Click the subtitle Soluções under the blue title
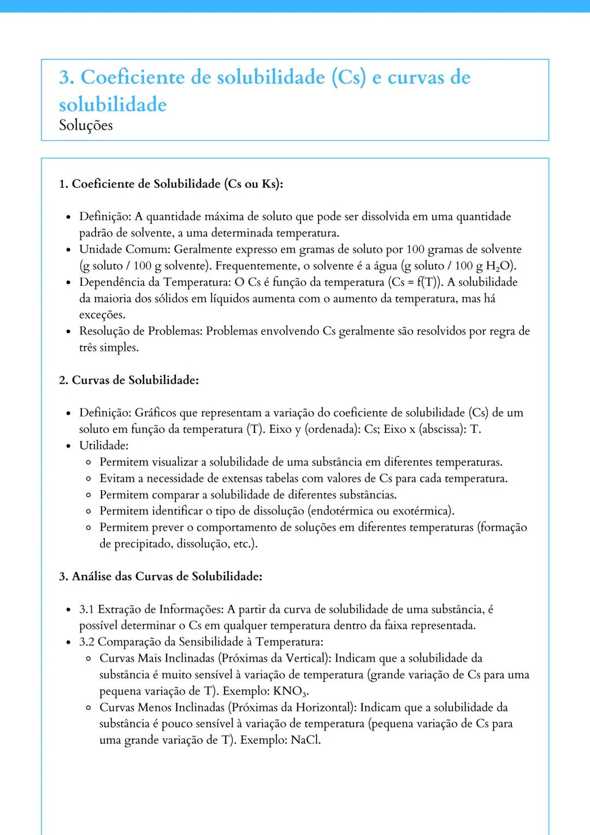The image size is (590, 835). pos(86,125)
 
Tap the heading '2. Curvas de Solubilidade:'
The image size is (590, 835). pos(129,380)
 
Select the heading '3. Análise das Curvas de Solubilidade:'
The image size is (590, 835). pos(161,576)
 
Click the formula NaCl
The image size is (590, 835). pos(305,740)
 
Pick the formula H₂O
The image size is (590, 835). pos(499,266)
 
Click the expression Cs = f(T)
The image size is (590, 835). pos(415,282)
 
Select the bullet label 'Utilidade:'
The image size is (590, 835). pos(104,445)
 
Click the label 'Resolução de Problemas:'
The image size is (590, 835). pos(141,331)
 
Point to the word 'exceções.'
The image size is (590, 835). pos(102,315)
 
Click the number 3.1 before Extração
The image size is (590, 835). pos(87,609)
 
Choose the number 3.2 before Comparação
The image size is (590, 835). pos(87,642)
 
